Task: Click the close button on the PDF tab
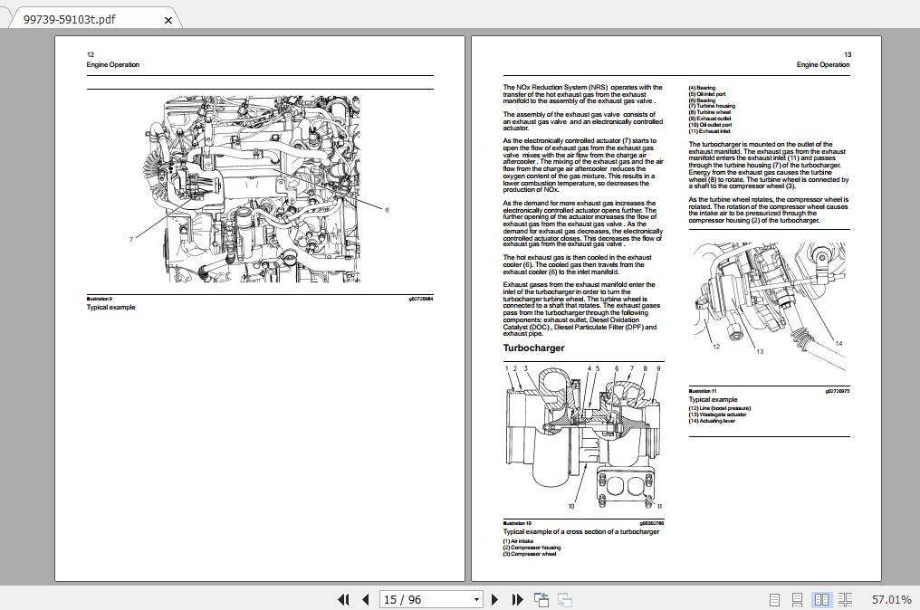pyautogui.click(x=168, y=20)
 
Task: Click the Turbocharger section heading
pyautogui.click(x=533, y=348)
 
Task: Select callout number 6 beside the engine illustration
pyautogui.click(x=387, y=210)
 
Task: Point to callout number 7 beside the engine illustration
pyautogui.click(x=131, y=240)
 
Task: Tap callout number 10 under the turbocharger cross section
pyautogui.click(x=571, y=506)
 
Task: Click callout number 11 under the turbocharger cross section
pyautogui.click(x=659, y=507)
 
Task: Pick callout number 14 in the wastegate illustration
pyautogui.click(x=839, y=344)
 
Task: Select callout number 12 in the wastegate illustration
pyautogui.click(x=716, y=347)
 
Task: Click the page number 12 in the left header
pyautogui.click(x=91, y=55)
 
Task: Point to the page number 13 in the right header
pyautogui.click(x=848, y=55)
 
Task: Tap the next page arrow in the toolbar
pyautogui.click(x=494, y=599)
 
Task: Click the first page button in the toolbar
pyautogui.click(x=343, y=599)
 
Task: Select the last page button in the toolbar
pyautogui.click(x=517, y=599)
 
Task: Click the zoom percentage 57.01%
pyautogui.click(x=891, y=599)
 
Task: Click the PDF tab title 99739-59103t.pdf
pyautogui.click(x=70, y=19)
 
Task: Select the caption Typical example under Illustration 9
pyautogui.click(x=110, y=308)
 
